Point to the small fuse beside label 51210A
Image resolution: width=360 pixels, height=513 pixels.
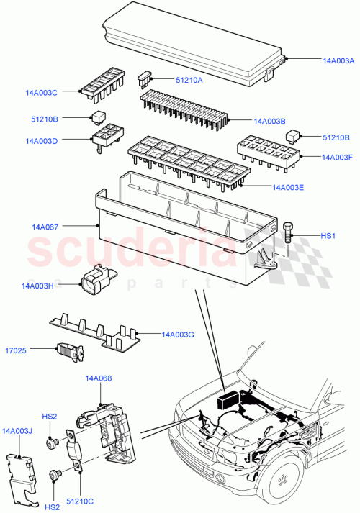point(145,76)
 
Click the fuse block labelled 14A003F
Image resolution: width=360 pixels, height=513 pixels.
point(266,150)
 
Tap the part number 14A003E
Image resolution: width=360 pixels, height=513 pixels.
point(288,188)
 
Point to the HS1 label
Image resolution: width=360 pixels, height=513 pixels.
point(328,236)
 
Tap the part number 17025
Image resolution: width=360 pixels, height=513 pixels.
point(27,351)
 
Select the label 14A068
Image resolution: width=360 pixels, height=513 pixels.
point(99,378)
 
